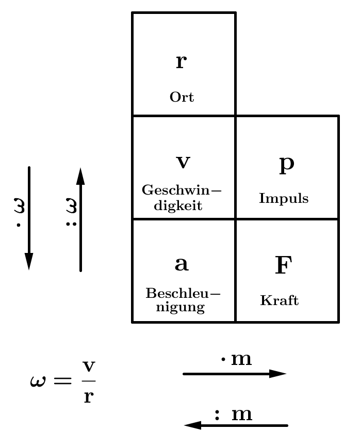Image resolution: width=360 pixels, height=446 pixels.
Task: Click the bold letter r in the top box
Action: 181,62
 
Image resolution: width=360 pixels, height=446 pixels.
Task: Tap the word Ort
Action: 182,97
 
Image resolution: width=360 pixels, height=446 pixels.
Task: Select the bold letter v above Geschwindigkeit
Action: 183,163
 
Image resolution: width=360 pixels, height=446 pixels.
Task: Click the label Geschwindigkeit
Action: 181,197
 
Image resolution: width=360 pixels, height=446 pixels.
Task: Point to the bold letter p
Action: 286,164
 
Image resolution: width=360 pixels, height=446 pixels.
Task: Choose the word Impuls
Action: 284,198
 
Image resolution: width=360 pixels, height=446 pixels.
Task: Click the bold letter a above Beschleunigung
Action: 182,264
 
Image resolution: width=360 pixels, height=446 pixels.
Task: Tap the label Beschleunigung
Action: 183,300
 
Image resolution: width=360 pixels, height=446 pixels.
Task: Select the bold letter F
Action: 283,265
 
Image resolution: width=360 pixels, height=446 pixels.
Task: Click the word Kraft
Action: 280,300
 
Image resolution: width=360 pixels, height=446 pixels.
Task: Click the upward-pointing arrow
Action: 80,219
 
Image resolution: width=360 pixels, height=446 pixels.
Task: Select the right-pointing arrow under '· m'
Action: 234,374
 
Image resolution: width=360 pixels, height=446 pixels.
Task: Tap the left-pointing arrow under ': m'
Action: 236,425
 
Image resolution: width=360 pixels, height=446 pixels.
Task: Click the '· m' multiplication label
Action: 236,359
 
